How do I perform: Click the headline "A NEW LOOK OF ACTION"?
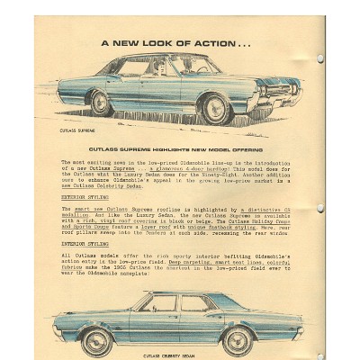coord(175,42)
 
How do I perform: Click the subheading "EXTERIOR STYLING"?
coord(84,195)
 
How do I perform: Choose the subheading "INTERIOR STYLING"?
coord(84,243)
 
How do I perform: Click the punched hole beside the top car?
coord(320,58)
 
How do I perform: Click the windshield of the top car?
coord(201,65)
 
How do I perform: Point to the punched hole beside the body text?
coord(321,208)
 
